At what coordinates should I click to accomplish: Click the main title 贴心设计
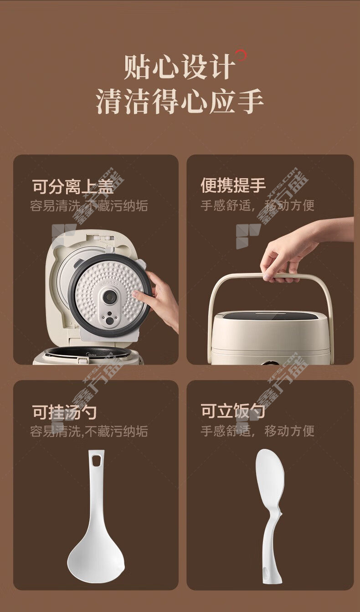pyautogui.click(x=179, y=67)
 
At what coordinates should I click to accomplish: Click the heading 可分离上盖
pyautogui.click(x=72, y=186)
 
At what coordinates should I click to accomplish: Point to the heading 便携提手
pyautogui.click(x=233, y=185)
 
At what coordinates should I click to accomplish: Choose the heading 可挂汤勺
pyautogui.click(x=64, y=412)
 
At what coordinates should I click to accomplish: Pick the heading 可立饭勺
pyautogui.click(x=233, y=411)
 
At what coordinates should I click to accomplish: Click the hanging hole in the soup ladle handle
pyautogui.click(x=96, y=460)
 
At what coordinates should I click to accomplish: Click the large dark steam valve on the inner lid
pyautogui.click(x=110, y=297)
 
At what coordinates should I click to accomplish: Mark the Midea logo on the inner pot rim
pyautogui.click(x=92, y=355)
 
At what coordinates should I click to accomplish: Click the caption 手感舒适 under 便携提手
pyautogui.click(x=226, y=206)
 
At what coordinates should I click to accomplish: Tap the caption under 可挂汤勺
pyautogui.click(x=89, y=431)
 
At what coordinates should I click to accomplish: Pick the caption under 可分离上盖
pyautogui.click(x=89, y=206)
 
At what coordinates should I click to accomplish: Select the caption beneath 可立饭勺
pyautogui.click(x=257, y=431)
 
